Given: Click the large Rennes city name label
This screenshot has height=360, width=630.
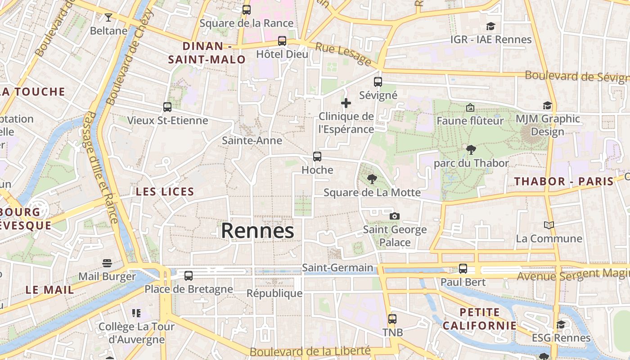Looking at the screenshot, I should point(257,231).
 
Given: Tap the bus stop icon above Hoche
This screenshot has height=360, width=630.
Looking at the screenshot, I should point(317,157).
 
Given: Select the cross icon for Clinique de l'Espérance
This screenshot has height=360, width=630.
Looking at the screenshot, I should point(346,103).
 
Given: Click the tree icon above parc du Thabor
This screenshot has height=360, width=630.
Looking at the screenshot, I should point(471,150).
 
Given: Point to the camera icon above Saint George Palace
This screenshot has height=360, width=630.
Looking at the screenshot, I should point(395,216).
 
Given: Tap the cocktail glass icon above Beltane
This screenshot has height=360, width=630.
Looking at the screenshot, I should point(108,18).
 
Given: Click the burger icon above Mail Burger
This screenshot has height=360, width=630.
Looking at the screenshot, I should point(107,263).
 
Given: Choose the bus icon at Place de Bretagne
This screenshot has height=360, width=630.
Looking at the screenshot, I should point(189,275).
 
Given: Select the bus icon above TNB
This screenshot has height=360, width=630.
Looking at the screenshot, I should point(392,319).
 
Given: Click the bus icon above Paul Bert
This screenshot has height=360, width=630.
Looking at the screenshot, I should point(463,269).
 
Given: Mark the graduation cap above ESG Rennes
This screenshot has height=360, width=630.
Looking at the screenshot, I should point(561,324).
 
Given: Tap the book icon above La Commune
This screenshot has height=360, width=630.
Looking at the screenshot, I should point(549,225).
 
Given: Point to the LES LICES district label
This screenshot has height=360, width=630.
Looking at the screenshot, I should point(165,192).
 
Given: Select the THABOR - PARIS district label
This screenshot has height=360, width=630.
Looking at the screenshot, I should point(564,181).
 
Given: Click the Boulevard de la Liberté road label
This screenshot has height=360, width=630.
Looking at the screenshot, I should point(310,351).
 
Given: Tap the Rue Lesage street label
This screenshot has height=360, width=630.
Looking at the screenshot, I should point(343,54).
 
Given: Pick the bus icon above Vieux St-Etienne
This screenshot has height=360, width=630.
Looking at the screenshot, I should point(167,107).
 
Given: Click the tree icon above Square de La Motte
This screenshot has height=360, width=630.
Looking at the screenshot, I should point(372,179).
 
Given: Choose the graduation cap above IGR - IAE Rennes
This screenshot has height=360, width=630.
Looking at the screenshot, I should point(490,27).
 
